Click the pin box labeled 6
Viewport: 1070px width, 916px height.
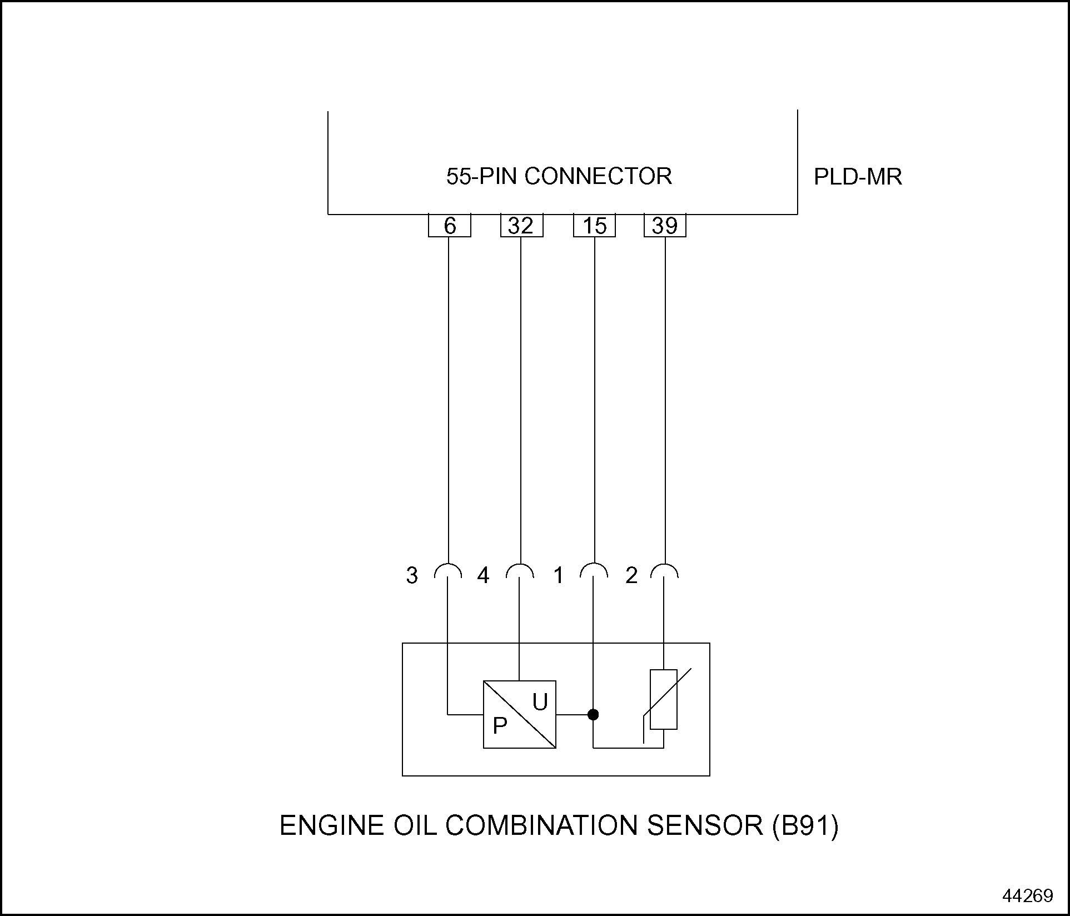(450, 226)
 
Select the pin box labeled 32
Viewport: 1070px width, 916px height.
(521, 226)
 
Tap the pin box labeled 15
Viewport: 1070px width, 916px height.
(594, 226)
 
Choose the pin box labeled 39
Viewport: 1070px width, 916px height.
(665, 226)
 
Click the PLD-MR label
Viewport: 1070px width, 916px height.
(858, 177)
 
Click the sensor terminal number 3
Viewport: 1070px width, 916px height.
(411, 575)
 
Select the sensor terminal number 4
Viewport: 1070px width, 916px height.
(483, 575)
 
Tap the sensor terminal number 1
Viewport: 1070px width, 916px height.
(559, 575)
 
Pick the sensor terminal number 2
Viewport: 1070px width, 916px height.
(631, 575)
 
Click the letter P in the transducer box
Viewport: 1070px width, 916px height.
(500, 725)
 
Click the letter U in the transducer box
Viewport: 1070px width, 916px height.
(540, 703)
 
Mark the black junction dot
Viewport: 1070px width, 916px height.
(593, 714)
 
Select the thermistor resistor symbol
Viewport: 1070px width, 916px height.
(664, 699)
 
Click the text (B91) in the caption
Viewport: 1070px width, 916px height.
(805, 825)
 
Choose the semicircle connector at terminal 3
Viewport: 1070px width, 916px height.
(448, 571)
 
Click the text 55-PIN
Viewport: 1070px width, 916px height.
(482, 176)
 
